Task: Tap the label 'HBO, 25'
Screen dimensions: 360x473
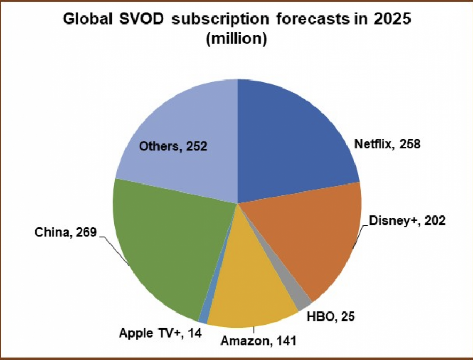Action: pos(330,316)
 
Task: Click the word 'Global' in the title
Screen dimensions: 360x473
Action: pos(84,19)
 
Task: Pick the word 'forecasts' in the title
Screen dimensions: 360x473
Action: pos(309,19)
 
